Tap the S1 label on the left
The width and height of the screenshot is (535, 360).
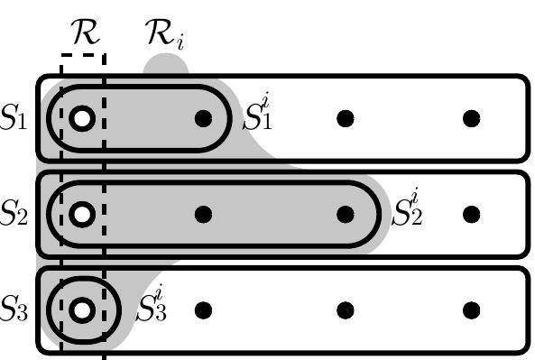[x=15, y=119]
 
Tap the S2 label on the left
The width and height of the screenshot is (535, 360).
[x=15, y=216]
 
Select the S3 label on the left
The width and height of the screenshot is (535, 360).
[x=15, y=312]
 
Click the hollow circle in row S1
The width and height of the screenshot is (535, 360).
[x=81, y=118]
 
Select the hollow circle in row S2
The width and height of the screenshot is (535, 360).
[x=81, y=215]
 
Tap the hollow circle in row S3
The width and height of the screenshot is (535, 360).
[x=81, y=310]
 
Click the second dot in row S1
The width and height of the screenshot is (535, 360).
[x=203, y=118]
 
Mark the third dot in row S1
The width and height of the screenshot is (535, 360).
[x=345, y=118]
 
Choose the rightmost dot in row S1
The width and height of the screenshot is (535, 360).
[x=471, y=118]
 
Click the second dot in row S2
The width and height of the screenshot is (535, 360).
[x=203, y=215]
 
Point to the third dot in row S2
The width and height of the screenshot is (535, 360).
[x=345, y=215]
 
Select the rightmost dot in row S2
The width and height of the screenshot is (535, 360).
[x=471, y=215]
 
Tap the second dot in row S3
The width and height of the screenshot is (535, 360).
[x=203, y=310]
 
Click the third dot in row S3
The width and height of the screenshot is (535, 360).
[x=345, y=310]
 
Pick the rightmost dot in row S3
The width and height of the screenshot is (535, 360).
[x=471, y=310]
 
